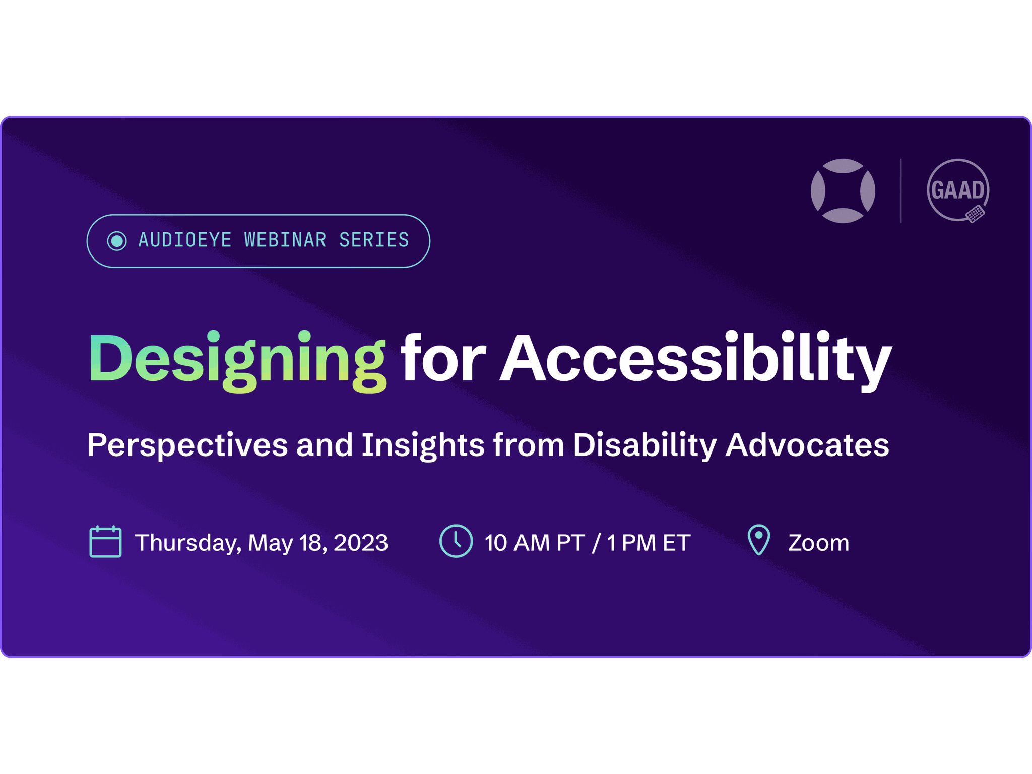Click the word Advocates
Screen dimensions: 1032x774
807,444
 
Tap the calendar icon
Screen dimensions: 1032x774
105,542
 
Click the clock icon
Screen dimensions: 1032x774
456,541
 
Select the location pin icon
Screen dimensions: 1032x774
759,540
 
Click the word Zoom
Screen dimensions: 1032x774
818,543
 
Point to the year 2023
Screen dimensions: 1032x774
361,543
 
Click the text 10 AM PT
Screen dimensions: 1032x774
535,543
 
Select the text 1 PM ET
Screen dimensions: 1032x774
649,543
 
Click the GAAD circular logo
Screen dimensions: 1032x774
958,190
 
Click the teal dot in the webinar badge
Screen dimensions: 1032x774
117,241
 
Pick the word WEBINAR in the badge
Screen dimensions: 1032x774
285,240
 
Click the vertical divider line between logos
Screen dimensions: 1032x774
901,191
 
